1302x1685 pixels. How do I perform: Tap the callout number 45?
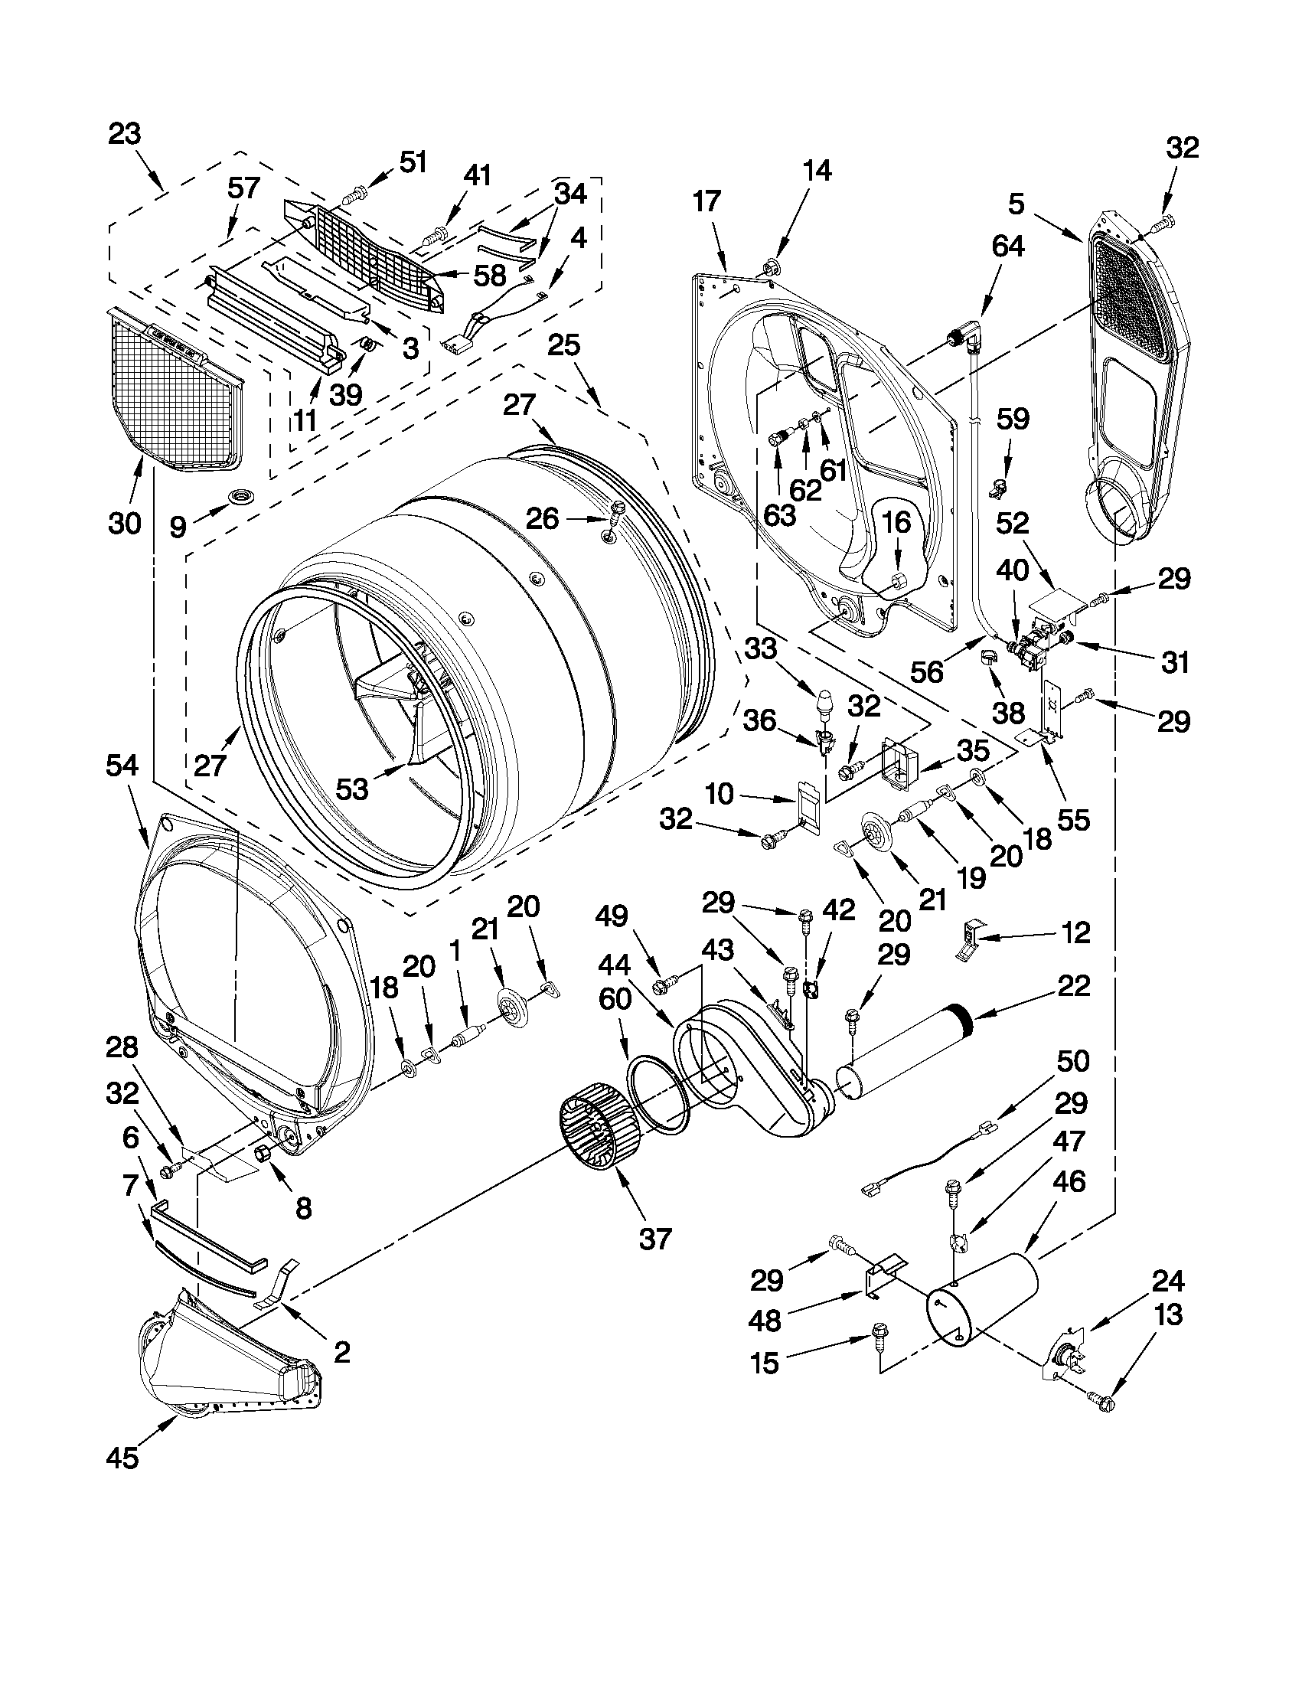tap(122, 1458)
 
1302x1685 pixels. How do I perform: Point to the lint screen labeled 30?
tap(171, 393)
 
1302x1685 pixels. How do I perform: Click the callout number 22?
tap(1075, 985)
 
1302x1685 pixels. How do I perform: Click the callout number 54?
tap(122, 766)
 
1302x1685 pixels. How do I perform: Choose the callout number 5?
tap(1016, 204)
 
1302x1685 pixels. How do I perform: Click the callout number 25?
tap(564, 345)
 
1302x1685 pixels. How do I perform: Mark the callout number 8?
tap(304, 1207)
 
